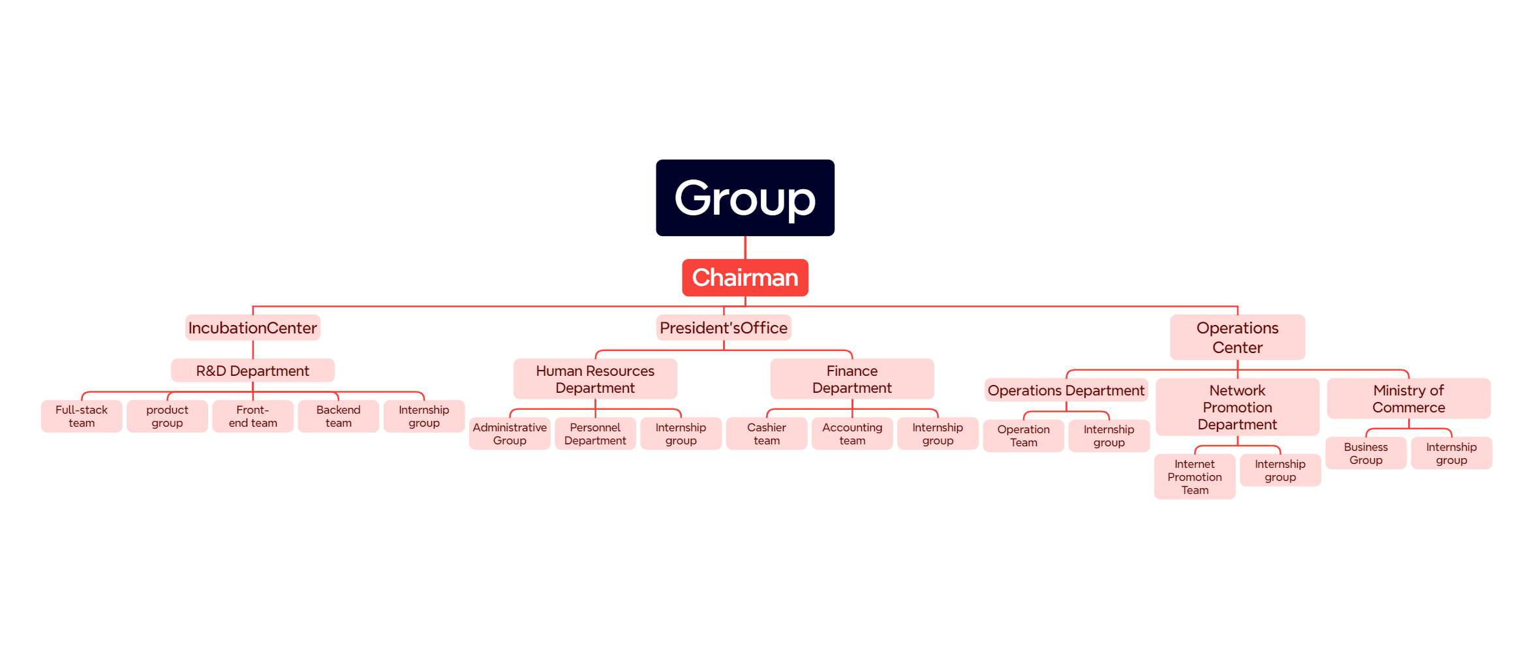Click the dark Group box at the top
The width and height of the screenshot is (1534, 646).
click(x=744, y=198)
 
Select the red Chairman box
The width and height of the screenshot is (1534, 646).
click(x=744, y=278)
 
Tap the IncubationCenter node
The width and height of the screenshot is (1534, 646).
click(x=253, y=328)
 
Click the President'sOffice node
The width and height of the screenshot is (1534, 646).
click(x=723, y=328)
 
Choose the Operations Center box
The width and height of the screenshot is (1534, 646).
click(x=1236, y=337)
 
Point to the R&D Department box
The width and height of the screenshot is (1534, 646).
click(x=253, y=371)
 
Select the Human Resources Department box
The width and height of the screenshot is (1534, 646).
click(x=594, y=379)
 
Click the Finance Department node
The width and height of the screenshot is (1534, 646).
click(x=851, y=379)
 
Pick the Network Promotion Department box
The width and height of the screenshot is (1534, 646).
click(x=1236, y=407)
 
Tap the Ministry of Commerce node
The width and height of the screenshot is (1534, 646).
click(x=1408, y=399)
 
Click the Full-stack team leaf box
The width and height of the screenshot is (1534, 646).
click(x=82, y=416)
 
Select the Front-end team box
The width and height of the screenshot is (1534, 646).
click(x=253, y=416)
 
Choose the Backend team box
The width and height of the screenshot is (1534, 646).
click(x=338, y=416)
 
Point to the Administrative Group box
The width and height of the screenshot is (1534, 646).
click(x=510, y=434)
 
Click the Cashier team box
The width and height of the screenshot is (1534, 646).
click(x=766, y=434)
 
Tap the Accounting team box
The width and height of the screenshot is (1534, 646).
click(x=851, y=434)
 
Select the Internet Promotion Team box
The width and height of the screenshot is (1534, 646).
click(x=1194, y=477)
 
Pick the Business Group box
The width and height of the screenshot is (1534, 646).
click(x=1365, y=454)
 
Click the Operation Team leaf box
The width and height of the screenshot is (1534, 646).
click(x=1023, y=436)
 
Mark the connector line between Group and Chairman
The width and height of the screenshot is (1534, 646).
click(x=745, y=248)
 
